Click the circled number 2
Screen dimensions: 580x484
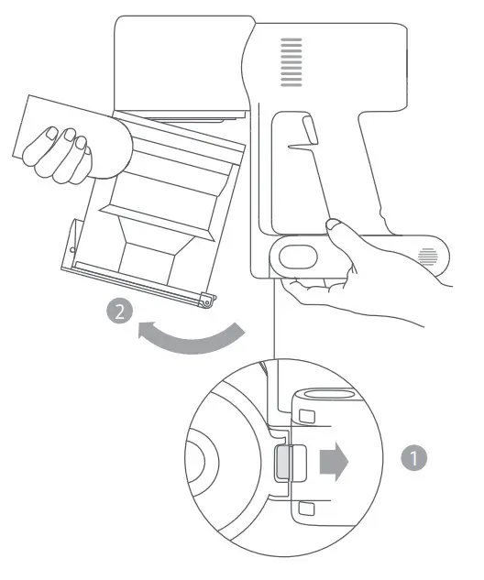(117, 312)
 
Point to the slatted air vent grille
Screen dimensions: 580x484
(291, 62)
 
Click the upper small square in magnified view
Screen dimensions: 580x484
(307, 417)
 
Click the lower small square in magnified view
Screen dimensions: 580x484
(307, 506)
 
